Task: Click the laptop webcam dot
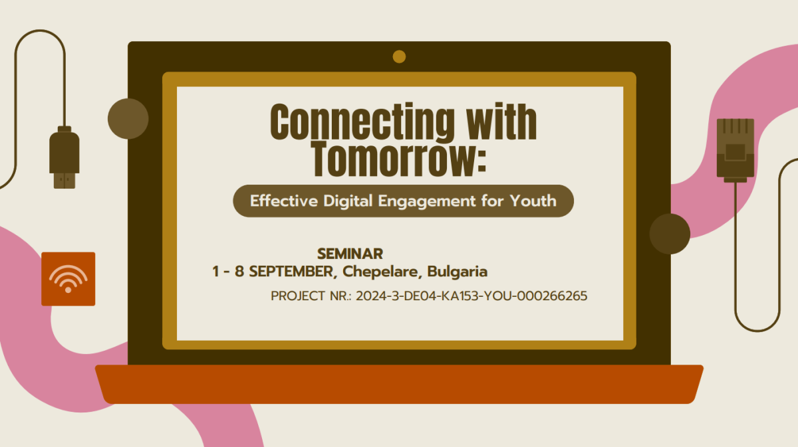[399, 57]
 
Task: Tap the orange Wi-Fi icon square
[68, 279]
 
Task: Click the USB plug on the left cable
[65, 157]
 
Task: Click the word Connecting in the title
[362, 122]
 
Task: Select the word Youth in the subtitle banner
[533, 201]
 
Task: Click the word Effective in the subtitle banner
[284, 201]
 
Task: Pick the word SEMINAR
[350, 254]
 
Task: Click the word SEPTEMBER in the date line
[291, 272]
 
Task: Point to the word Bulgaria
[458, 272]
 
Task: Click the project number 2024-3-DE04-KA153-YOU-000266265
[471, 296]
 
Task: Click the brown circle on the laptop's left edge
[128, 118]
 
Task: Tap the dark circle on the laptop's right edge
[670, 234]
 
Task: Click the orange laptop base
[399, 385]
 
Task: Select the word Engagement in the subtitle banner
[427, 201]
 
